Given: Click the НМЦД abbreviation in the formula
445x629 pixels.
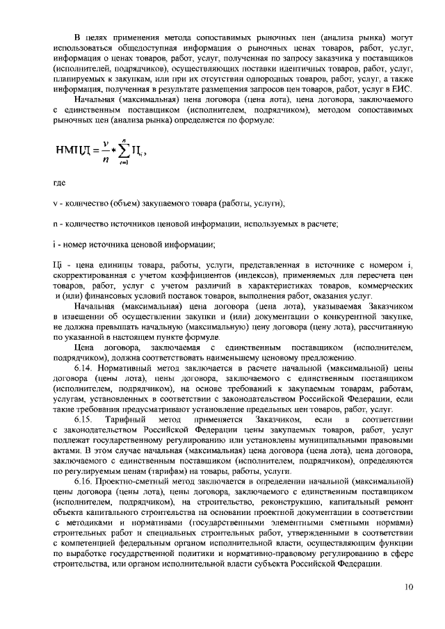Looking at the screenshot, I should tap(74, 149).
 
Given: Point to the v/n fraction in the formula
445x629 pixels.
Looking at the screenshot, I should tap(104, 149).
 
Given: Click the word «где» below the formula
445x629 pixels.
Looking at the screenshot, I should tap(59, 183).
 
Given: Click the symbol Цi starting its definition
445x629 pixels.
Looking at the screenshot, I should tap(58, 265).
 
